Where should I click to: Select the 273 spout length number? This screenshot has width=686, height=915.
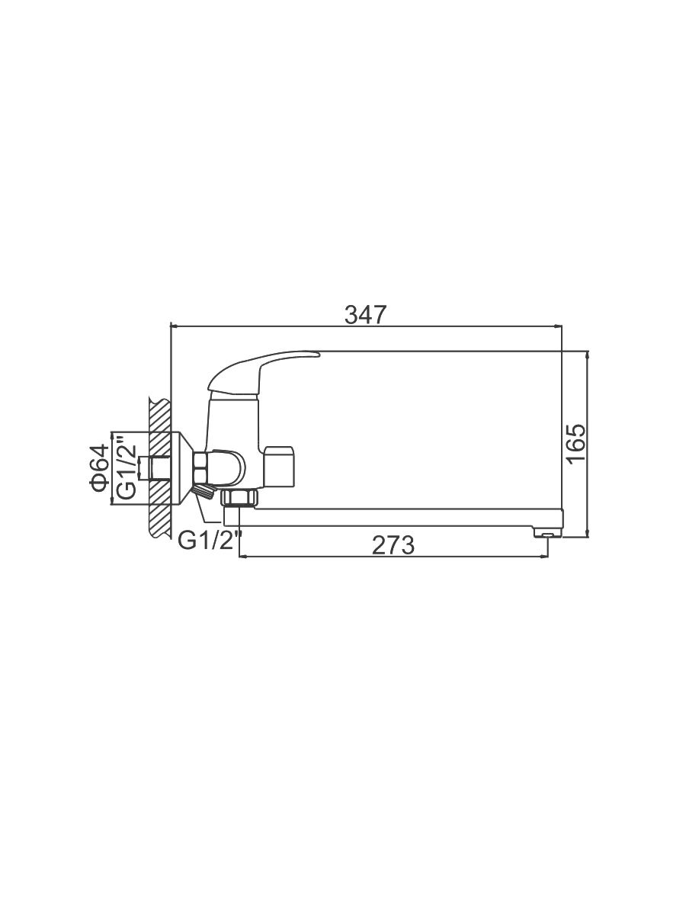[393, 545]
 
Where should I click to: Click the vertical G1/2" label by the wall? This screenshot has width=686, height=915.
[127, 467]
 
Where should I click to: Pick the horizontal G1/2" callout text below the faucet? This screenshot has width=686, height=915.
[210, 541]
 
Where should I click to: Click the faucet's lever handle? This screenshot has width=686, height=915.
[261, 372]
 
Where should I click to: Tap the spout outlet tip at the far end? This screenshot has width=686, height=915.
[547, 533]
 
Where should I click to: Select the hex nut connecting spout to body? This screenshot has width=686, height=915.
[240, 497]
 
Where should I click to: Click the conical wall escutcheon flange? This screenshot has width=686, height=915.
[182, 467]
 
